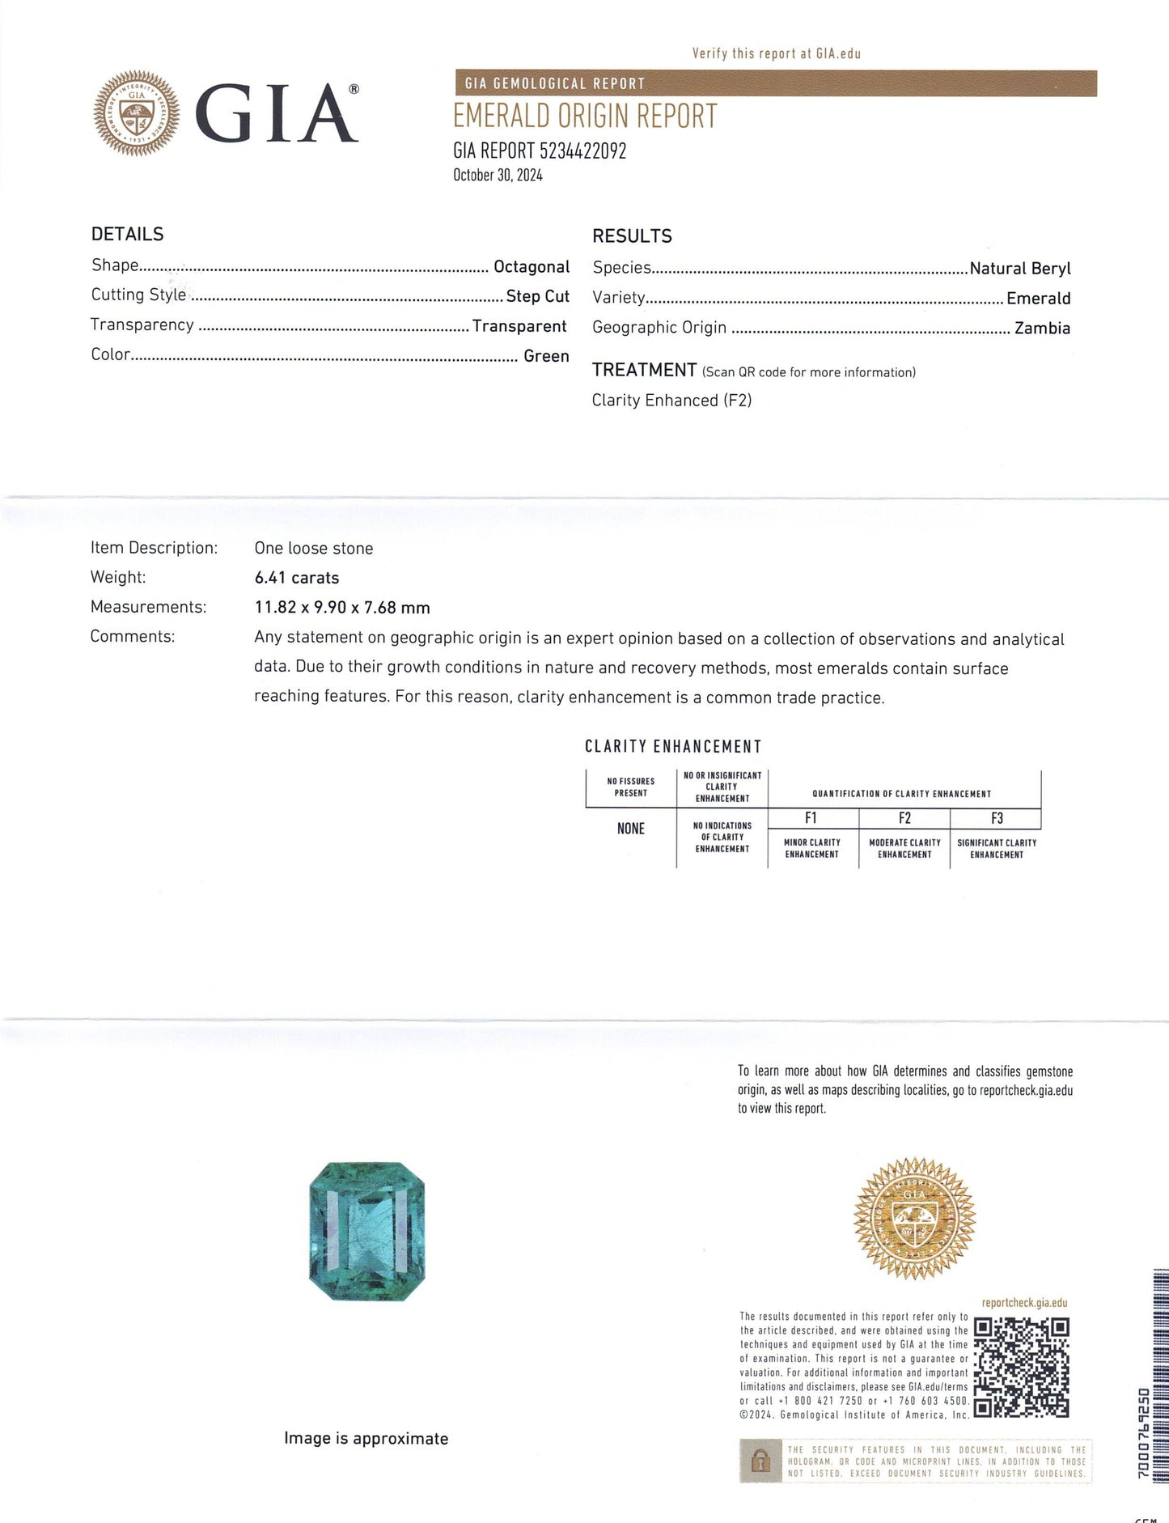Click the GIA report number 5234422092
582,151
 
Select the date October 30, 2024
498,175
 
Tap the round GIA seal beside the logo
137,112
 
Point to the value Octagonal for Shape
532,266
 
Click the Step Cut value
537,296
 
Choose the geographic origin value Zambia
1042,328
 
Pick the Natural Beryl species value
1019,268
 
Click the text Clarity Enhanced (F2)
671,400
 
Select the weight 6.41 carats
297,578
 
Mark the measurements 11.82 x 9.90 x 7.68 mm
342,607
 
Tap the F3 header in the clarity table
997,818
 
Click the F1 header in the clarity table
811,818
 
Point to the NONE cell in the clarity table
631,829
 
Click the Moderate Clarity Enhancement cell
904,848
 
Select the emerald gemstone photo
367,1231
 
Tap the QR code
1021,1367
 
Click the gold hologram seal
914,1218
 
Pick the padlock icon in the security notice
760,1461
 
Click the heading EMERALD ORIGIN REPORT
585,117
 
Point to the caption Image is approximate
366,1438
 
